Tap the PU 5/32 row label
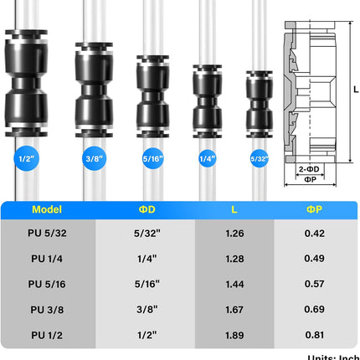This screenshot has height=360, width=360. pos(47,234)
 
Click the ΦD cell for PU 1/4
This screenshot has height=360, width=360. pos(145,259)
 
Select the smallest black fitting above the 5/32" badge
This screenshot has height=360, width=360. pos(259,100)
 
